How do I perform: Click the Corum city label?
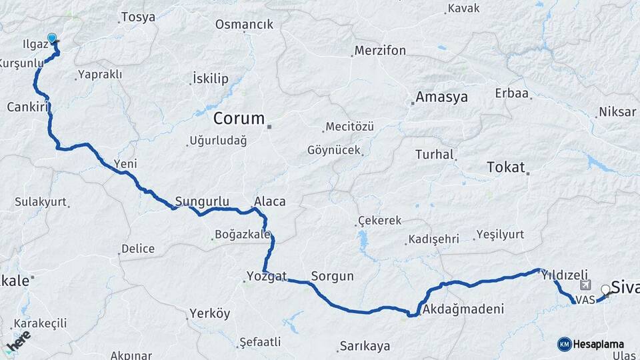(x=239, y=119)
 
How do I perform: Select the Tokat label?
(x=506, y=167)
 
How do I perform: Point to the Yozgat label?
(x=267, y=276)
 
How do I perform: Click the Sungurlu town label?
(x=202, y=201)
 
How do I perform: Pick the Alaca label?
(x=269, y=201)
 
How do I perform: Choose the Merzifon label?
(x=380, y=51)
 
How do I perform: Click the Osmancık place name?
(x=244, y=25)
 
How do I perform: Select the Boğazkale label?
(x=243, y=235)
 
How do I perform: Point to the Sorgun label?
(x=332, y=276)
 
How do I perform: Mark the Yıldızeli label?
(x=565, y=275)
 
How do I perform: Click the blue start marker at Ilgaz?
(x=52, y=39)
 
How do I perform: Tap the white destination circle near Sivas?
(x=605, y=289)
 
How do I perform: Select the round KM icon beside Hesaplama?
(x=564, y=344)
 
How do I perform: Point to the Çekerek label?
(x=380, y=221)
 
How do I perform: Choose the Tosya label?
(x=139, y=17)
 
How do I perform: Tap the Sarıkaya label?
(x=364, y=346)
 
